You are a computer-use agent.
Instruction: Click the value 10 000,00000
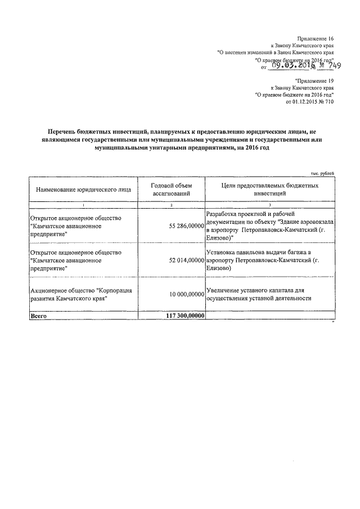click(186, 294)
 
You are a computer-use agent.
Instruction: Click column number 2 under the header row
click(172, 206)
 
